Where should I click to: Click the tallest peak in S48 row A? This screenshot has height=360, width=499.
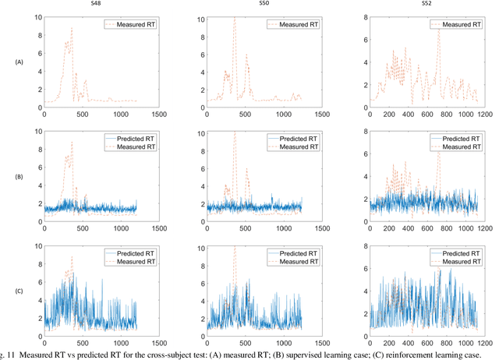click(72, 28)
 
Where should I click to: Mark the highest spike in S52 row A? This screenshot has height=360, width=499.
click(439, 30)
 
